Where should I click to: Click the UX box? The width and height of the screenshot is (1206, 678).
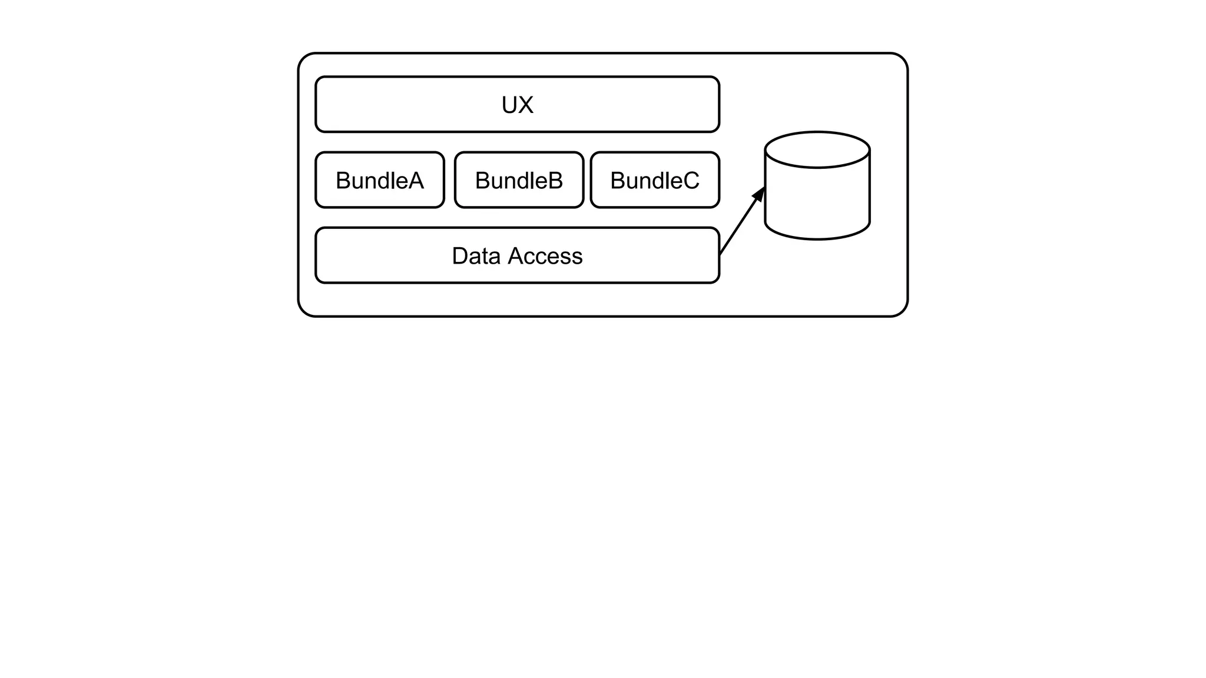[412, 104]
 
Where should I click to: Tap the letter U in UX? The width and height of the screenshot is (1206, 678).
[509, 105]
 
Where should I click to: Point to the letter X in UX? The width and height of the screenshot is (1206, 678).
[526, 105]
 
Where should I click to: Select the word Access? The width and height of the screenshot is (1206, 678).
[545, 256]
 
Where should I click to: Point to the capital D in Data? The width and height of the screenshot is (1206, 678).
[460, 256]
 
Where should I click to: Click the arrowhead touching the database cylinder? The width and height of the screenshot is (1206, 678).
[760, 194]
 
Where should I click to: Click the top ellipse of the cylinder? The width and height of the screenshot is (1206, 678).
[817, 149]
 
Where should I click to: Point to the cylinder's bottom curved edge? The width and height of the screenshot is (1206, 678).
[817, 239]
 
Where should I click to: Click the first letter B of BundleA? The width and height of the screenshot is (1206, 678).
[343, 181]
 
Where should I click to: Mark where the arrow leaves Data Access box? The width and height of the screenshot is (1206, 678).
[720, 254]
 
